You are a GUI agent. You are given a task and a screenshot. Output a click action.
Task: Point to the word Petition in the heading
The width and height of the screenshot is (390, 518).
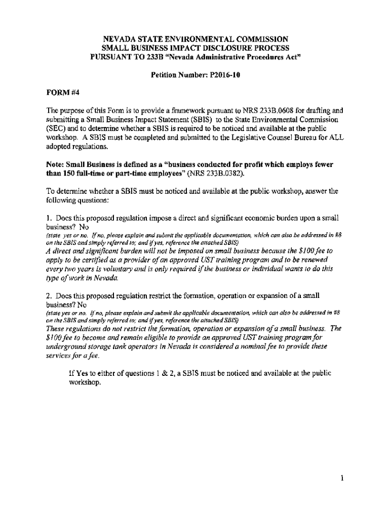166,74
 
